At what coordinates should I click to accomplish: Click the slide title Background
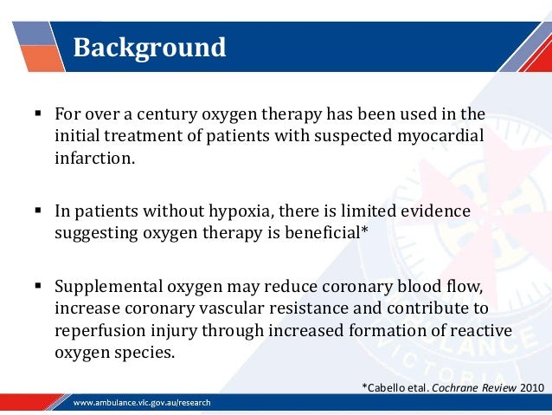coord(149,47)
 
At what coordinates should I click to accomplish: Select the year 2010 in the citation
coord(533,386)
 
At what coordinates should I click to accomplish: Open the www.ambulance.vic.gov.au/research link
coord(142,403)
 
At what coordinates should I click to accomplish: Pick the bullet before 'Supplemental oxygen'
coord(39,287)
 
